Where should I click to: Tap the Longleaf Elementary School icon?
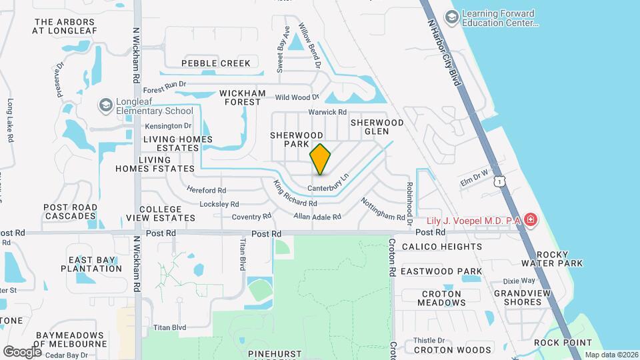(105, 105)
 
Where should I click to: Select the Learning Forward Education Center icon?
(452, 17)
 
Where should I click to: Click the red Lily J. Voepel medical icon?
(530, 219)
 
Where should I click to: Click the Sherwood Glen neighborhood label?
(377, 127)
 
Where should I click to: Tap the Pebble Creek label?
(216, 63)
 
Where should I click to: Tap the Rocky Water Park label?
(552, 259)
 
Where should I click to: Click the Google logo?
(22, 351)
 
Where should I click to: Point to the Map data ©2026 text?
(611, 355)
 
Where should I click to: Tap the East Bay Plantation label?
(95, 264)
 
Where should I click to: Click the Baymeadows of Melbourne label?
(70, 339)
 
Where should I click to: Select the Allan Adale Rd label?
(317, 217)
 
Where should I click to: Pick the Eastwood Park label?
(451, 271)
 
